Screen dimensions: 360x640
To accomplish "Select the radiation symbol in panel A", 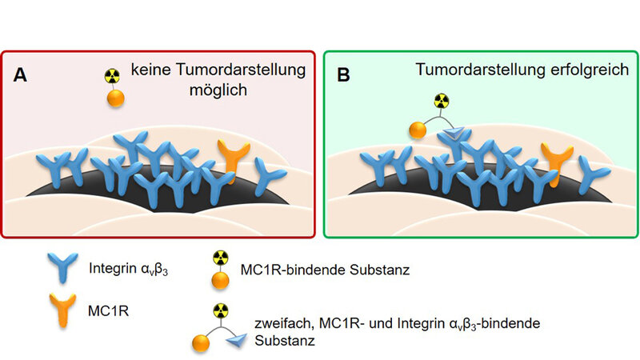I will [113, 78].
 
